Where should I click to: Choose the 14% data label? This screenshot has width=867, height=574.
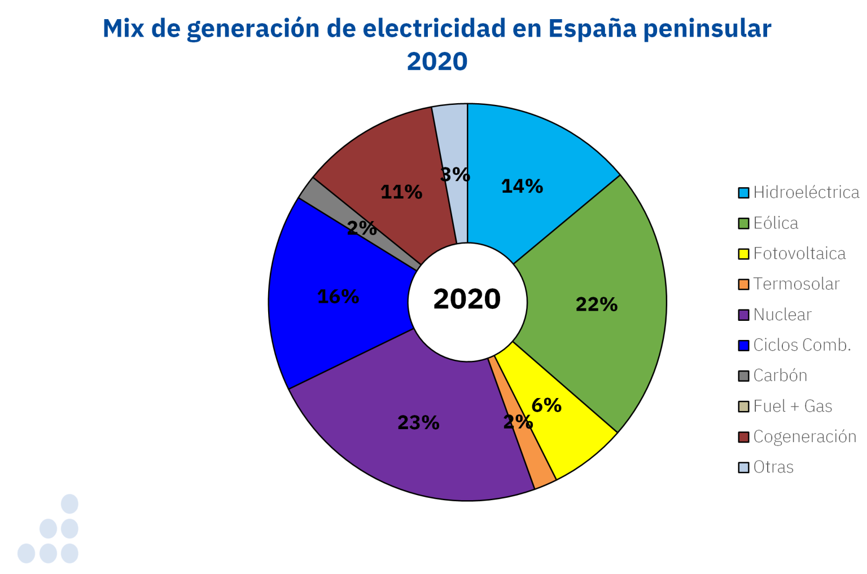coord(522,186)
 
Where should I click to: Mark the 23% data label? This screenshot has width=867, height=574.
coord(418,422)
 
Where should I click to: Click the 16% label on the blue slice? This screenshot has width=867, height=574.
coord(338,297)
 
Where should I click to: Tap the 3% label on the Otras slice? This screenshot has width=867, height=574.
coord(455,175)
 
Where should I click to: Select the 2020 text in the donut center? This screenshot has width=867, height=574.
coord(467,299)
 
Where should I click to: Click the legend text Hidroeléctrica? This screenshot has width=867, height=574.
coord(806,192)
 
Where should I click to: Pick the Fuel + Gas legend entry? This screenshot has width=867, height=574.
coord(792,406)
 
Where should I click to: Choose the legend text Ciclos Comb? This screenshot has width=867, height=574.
coord(802,345)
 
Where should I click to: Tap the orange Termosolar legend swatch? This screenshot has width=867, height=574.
coord(743,284)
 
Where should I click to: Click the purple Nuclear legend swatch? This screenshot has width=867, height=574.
coord(743,315)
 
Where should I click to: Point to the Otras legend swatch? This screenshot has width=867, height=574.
coord(743,467)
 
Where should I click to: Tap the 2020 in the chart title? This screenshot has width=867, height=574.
coord(437,61)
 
